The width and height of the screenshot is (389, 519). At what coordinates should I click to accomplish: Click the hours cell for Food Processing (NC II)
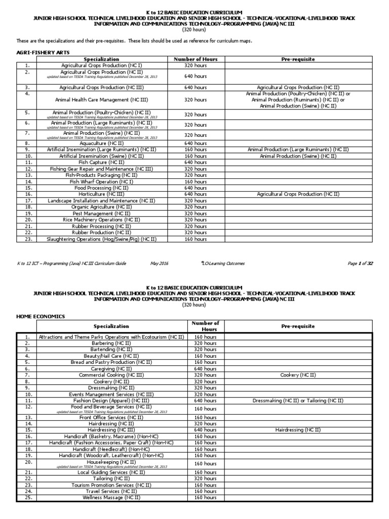(x=196, y=188)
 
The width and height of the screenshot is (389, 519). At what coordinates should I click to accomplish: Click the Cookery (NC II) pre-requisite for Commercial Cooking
(x=298, y=375)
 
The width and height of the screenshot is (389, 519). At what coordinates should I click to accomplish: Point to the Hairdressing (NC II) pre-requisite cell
(x=298, y=429)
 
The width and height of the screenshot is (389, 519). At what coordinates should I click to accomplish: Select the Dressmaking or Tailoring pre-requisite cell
(x=298, y=400)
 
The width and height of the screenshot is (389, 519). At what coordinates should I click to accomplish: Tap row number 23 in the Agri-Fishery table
(x=27, y=239)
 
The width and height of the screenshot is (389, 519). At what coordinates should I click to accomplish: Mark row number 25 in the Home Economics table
(x=28, y=498)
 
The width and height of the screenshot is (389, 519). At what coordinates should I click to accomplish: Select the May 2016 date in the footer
(x=159, y=264)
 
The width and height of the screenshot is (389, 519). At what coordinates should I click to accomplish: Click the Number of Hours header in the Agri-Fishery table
(x=196, y=59)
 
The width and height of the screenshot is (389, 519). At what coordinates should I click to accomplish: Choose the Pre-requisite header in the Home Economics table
(x=298, y=326)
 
